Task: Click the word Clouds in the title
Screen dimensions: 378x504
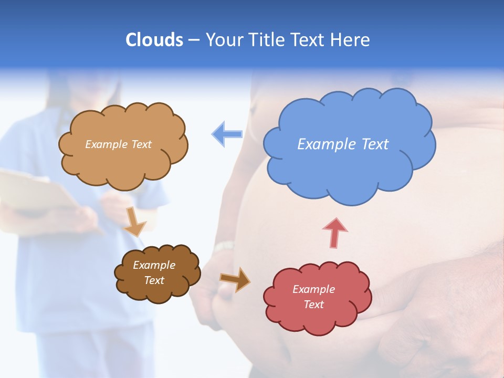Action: [x=154, y=40]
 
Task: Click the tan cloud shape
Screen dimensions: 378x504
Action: [x=123, y=165]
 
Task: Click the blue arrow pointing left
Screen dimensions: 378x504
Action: [x=227, y=134]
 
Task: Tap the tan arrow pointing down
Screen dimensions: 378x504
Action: [x=134, y=220]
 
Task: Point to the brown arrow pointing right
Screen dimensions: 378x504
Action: [x=235, y=279]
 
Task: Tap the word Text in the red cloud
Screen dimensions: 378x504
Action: [x=313, y=304]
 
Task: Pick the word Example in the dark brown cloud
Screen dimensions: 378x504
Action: [x=154, y=265]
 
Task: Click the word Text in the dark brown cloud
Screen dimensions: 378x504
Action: [x=154, y=280]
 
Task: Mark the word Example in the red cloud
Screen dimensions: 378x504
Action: [x=313, y=289]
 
